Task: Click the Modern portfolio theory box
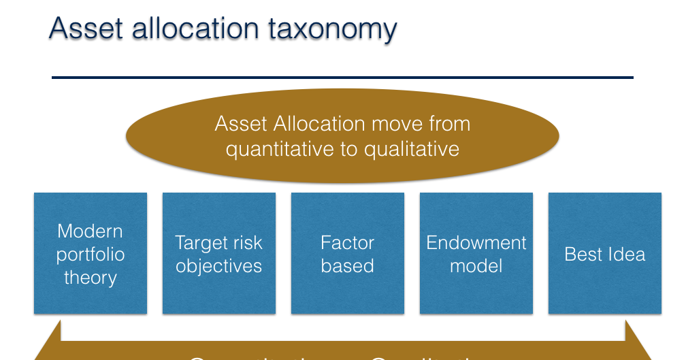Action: point(91,253)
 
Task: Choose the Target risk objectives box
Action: point(218,253)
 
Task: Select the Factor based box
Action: point(347,253)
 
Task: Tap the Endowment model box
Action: point(476,253)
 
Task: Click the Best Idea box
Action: point(604,253)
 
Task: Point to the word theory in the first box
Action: point(91,278)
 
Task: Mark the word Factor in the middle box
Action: point(347,243)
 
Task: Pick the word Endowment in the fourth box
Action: point(476,243)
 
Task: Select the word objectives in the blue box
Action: point(218,266)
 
